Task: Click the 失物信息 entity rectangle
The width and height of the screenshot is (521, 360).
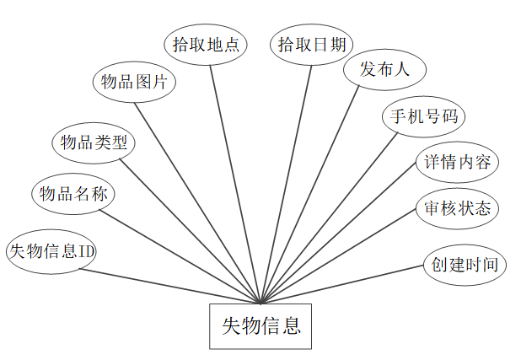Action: (x=260, y=326)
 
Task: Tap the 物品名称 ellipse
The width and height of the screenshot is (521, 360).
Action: (x=73, y=193)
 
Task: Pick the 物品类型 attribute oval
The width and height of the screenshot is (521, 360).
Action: (x=94, y=142)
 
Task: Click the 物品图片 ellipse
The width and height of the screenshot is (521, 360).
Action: (x=133, y=83)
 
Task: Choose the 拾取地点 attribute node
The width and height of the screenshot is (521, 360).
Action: (x=206, y=45)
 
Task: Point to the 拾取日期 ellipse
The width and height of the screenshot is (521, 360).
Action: (x=311, y=45)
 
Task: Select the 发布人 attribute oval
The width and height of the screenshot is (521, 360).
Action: (x=384, y=70)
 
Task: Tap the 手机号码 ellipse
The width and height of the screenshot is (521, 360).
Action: (x=423, y=116)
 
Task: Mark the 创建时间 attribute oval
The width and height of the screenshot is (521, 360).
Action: (x=465, y=264)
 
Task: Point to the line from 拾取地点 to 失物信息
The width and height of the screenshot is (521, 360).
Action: (x=235, y=183)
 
